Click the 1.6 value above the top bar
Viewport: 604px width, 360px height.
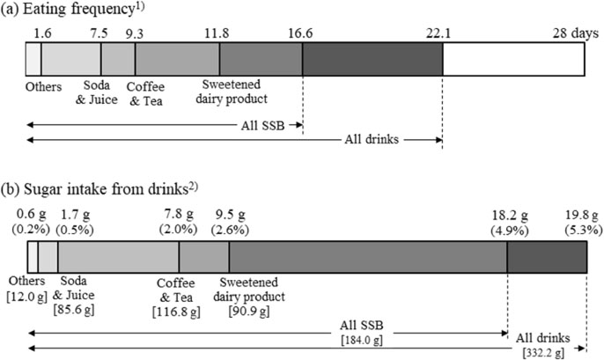[x=42, y=33]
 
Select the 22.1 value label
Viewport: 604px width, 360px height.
[x=438, y=33]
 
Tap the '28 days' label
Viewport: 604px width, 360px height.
[x=576, y=33]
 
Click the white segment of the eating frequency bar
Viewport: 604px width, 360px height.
[x=513, y=59]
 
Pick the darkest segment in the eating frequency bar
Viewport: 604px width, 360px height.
[x=372, y=59]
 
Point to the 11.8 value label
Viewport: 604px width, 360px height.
[x=217, y=33]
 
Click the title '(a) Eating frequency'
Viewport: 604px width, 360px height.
[x=73, y=9]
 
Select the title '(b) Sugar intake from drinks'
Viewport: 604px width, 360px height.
[x=99, y=189]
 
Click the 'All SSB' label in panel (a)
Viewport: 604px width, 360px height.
[x=262, y=126]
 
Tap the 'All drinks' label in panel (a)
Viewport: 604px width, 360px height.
[x=372, y=139]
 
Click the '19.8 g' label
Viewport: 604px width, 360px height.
[x=582, y=215]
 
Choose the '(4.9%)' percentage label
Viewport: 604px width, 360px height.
[x=509, y=231]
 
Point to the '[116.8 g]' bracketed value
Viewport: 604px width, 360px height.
[x=176, y=312]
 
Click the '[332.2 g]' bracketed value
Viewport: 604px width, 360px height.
[x=543, y=352]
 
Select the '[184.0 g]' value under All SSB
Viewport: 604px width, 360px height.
[x=362, y=341]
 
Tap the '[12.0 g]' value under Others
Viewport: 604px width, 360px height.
[x=27, y=297]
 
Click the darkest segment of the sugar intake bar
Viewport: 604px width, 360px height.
[x=547, y=257]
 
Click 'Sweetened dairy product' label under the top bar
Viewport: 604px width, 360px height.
[x=232, y=92]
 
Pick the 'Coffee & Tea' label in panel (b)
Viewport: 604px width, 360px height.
[x=176, y=290]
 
